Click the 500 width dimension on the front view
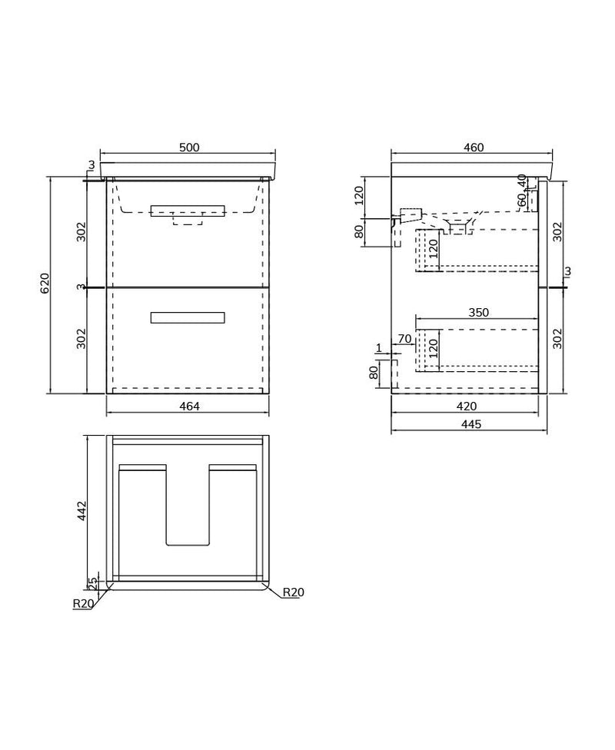[188, 148]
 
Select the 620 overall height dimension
[45, 284]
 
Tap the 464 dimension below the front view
[188, 407]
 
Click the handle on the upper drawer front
[188, 211]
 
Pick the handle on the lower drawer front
[188, 318]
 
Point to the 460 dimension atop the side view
[474, 148]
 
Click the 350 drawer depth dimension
[478, 313]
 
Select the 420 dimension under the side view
[467, 407]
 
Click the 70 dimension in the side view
[405, 338]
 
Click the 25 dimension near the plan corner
[93, 583]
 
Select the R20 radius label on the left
[83, 604]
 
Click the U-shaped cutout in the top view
[188, 507]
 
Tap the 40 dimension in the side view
[523, 181]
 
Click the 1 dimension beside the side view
[378, 348]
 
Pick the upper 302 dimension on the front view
[81, 231]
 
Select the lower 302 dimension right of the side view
[558, 339]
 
